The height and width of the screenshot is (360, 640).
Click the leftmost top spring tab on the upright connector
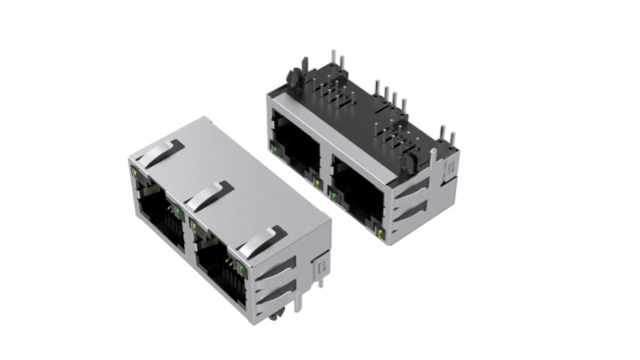coord(160,153)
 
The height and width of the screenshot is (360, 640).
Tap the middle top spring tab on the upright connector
coord(209,195)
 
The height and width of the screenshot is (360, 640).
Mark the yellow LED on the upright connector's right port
coord(194,225)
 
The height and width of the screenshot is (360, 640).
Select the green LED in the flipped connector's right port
coord(333,197)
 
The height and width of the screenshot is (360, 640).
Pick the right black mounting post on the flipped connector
coord(409,159)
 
